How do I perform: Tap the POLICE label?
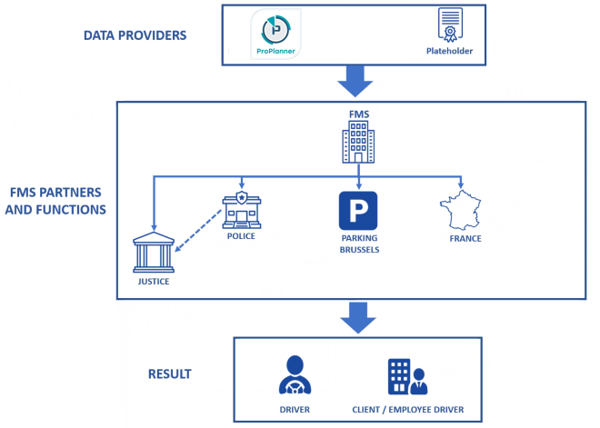[x=241, y=236]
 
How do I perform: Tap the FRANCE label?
[x=465, y=239]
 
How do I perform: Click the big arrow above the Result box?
[x=357, y=318]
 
